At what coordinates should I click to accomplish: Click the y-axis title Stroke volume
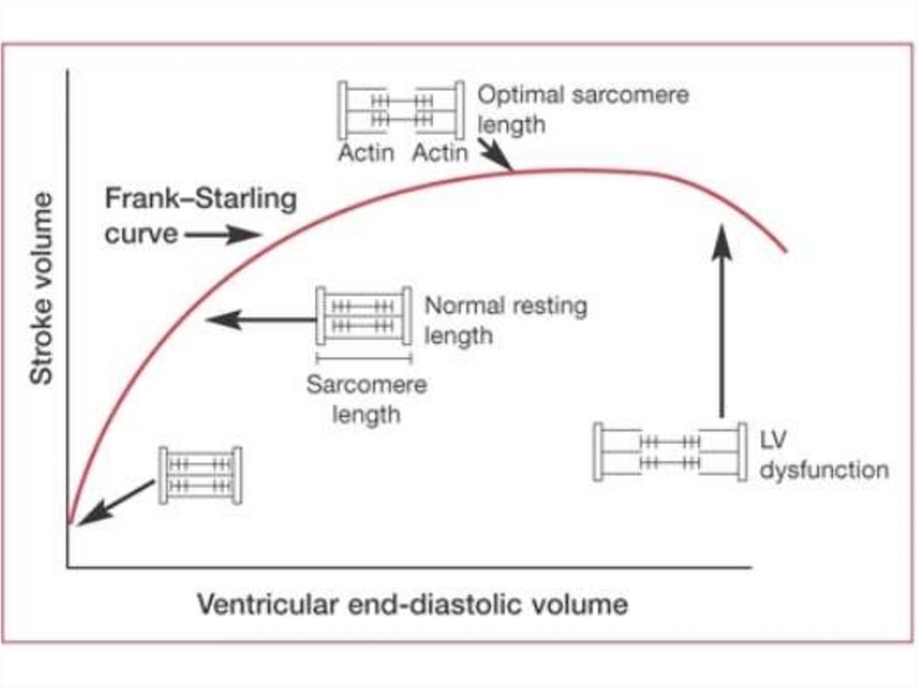pos(42,289)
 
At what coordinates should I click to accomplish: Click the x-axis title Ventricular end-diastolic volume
pos(411,604)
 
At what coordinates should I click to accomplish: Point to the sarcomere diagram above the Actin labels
pos(401,110)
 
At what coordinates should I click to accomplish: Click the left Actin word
pos(366,152)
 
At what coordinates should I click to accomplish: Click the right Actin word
pos(439,152)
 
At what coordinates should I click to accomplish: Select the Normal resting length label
pos(505,320)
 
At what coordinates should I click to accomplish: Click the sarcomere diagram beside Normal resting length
pos(363,315)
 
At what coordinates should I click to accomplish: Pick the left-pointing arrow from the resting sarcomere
pos(261,318)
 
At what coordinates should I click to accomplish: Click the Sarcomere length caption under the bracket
pos(366,400)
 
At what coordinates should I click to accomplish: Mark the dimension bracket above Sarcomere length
pos(363,359)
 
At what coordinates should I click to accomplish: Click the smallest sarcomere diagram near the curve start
pos(200,475)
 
